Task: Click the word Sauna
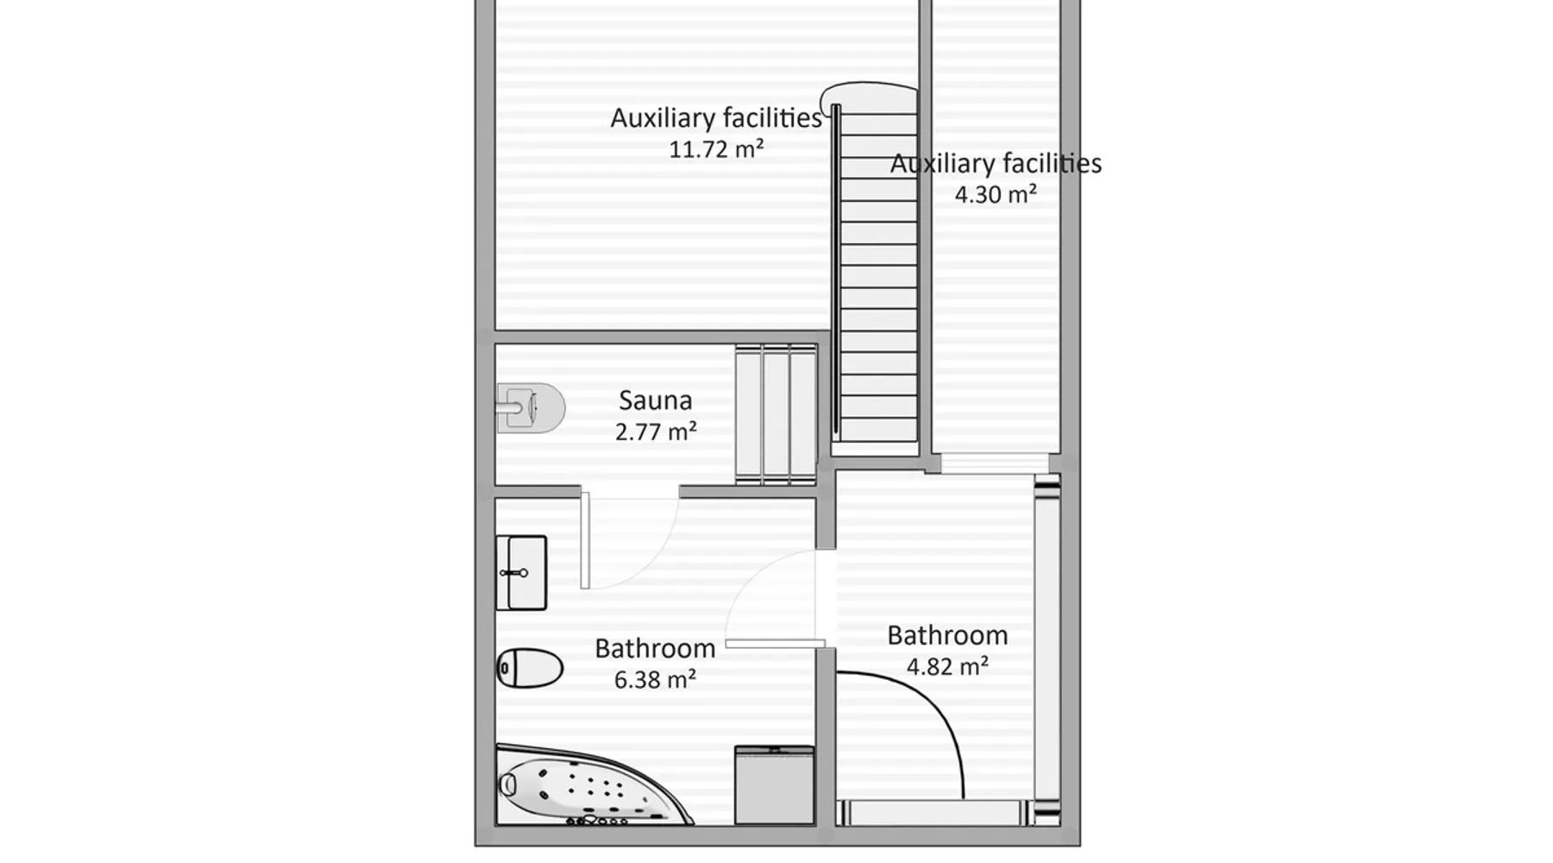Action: (x=656, y=400)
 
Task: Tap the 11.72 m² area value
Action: (x=716, y=149)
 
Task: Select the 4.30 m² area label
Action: (x=996, y=194)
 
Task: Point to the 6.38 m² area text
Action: (x=656, y=680)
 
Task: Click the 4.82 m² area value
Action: (x=947, y=666)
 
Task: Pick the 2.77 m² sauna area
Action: (x=656, y=431)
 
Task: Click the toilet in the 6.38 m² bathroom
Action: (x=530, y=668)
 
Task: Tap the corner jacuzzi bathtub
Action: (x=594, y=785)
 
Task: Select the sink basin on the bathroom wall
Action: (x=521, y=573)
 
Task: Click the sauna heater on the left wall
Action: (x=530, y=407)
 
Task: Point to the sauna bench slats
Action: (x=776, y=414)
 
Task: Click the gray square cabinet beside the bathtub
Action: (x=775, y=785)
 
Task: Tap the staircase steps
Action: (x=878, y=276)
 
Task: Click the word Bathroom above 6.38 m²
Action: (x=655, y=648)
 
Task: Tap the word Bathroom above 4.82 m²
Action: (x=947, y=635)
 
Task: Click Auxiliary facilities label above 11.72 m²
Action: (x=716, y=118)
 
